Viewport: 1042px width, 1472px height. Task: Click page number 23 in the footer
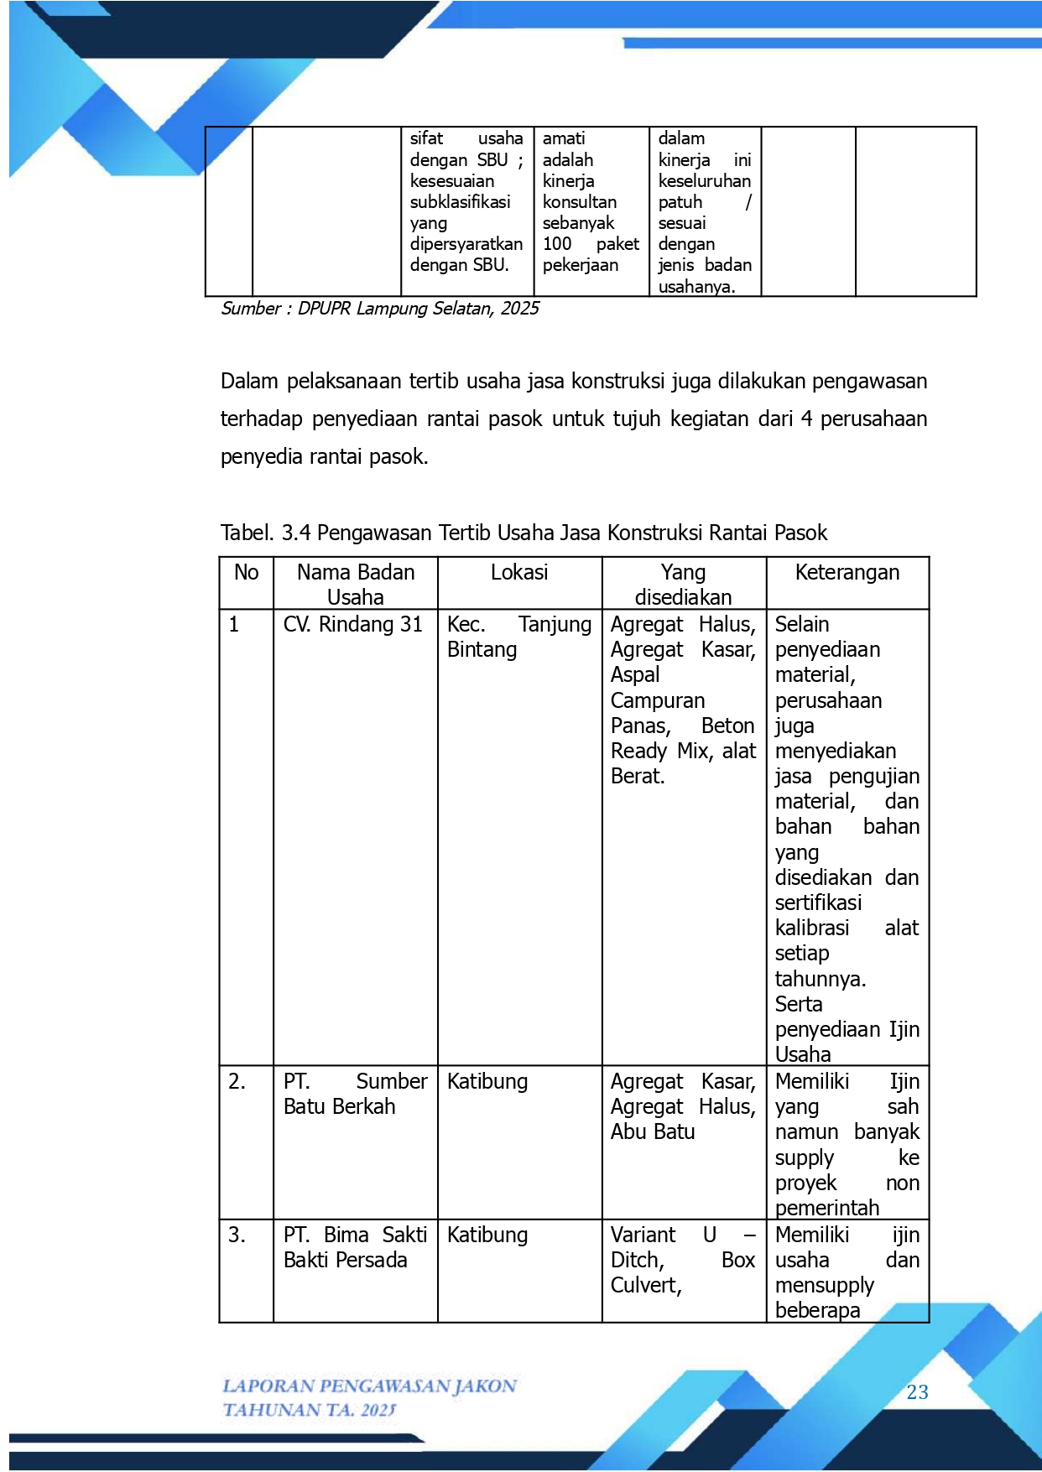(917, 1392)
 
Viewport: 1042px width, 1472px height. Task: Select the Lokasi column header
(519, 573)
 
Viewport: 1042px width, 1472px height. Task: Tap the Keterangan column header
(847, 573)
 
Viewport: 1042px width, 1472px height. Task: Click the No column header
(246, 573)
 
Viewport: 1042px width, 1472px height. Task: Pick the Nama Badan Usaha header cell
(356, 585)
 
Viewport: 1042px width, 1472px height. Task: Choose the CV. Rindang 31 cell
(352, 625)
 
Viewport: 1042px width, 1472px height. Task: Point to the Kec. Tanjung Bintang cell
(518, 637)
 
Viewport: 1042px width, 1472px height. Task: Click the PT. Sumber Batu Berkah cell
(355, 1094)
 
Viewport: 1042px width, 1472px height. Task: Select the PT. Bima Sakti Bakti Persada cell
(355, 1247)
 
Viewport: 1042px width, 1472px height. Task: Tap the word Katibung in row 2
(487, 1082)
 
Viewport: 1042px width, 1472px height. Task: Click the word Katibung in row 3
(487, 1235)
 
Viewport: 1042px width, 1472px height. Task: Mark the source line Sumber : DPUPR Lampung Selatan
(379, 309)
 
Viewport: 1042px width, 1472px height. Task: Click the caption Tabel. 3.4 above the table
(524, 533)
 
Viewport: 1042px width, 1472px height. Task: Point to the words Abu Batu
(653, 1132)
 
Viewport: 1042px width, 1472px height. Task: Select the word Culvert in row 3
(644, 1286)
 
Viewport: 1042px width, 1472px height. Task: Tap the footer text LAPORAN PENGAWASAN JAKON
(369, 1386)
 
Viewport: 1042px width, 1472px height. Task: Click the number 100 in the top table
(557, 244)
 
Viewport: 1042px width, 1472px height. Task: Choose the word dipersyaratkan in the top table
(466, 244)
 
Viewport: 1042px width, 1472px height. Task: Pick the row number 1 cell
(234, 625)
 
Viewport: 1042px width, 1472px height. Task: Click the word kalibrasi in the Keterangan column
(811, 928)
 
